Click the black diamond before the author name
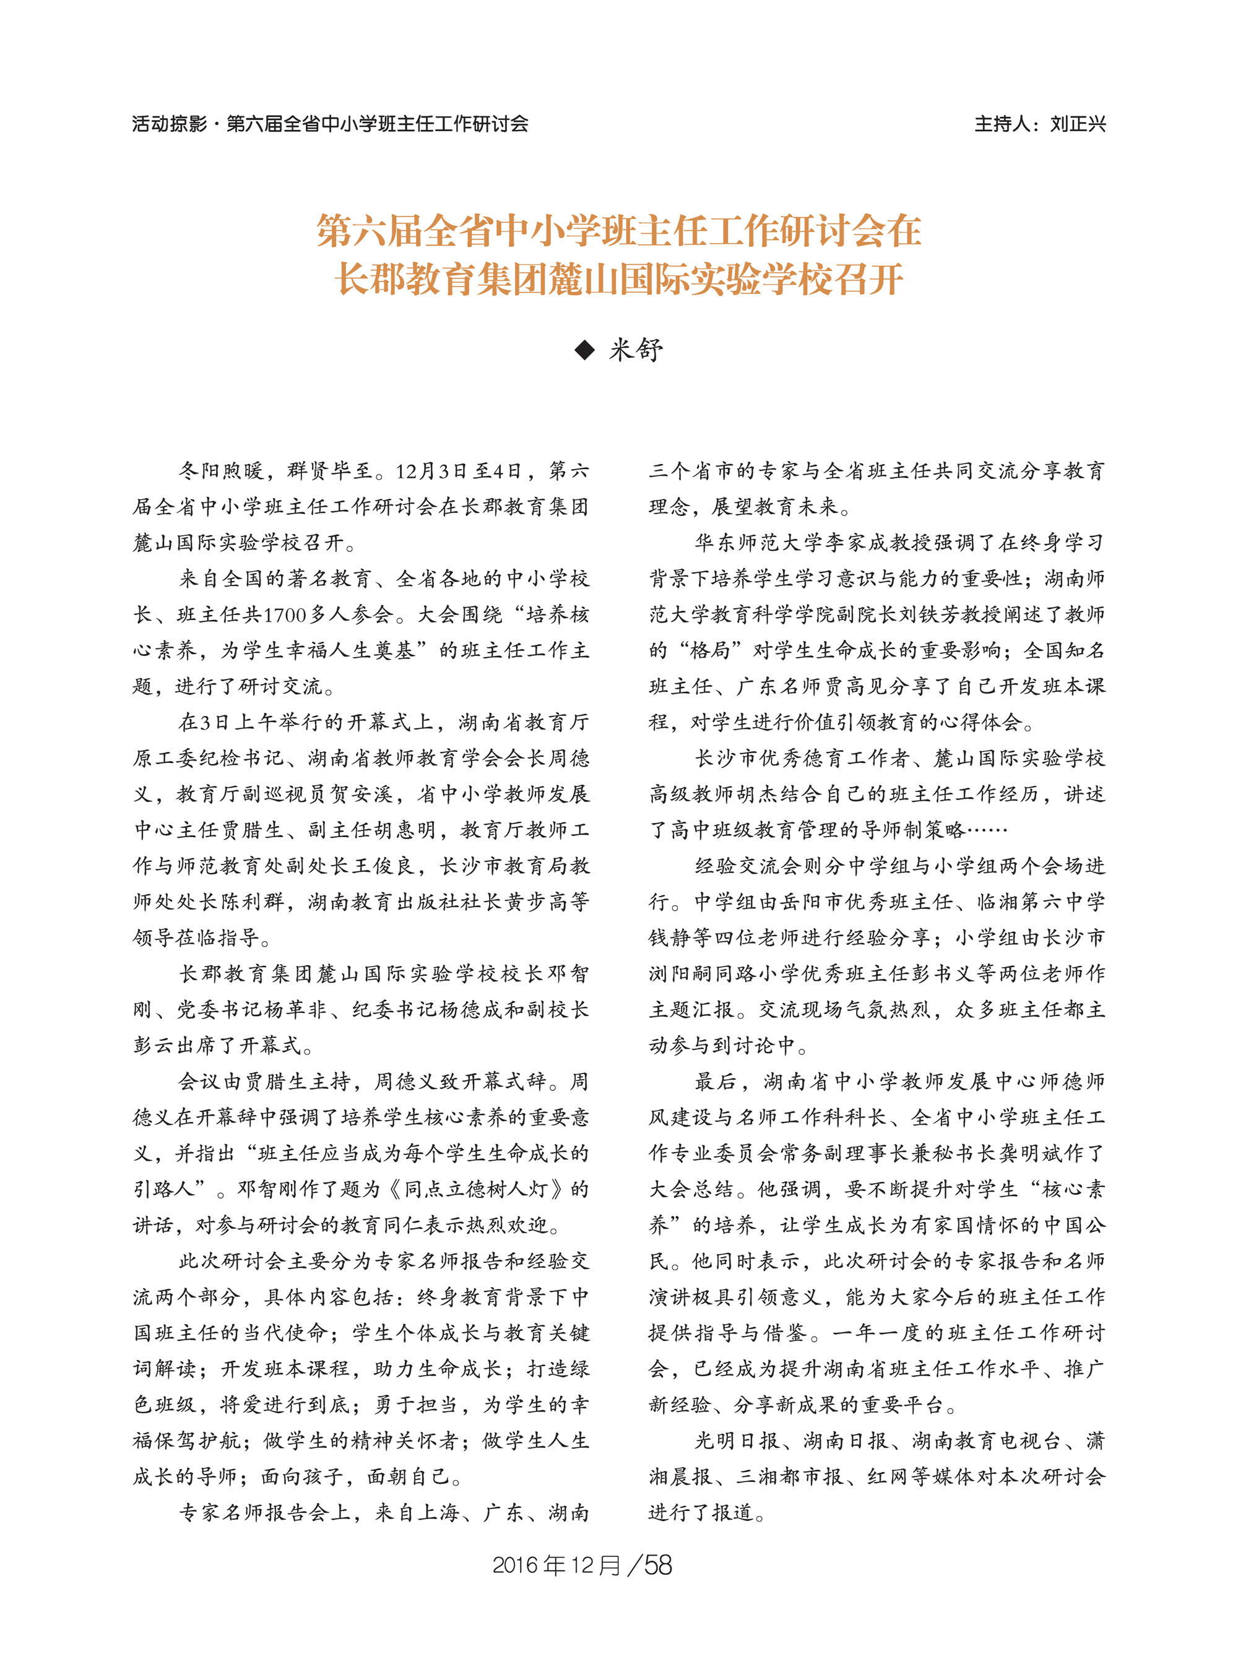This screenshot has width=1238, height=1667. [584, 350]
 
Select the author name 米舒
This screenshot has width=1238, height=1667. [636, 350]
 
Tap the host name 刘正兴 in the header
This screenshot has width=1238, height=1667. [1078, 124]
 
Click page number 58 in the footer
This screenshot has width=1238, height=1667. [658, 1565]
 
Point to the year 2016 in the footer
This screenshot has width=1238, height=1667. [515, 1565]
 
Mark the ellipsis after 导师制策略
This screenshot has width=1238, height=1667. [987, 830]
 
